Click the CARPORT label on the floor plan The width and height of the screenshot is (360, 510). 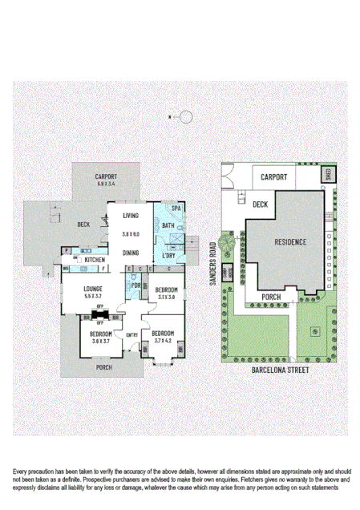point(106,176)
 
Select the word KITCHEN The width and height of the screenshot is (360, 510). point(95,260)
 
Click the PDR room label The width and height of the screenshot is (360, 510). point(136,286)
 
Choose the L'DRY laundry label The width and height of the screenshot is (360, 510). point(169,256)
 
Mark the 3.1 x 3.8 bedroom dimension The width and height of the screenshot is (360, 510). point(167,297)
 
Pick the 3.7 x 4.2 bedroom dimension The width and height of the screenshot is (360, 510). point(163,340)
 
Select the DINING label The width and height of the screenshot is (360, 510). point(131,252)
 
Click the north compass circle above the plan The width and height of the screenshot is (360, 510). point(186,117)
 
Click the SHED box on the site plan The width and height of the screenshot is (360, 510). point(328,173)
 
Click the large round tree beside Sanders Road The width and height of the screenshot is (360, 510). point(227,241)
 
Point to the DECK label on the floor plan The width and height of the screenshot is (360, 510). point(83,225)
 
